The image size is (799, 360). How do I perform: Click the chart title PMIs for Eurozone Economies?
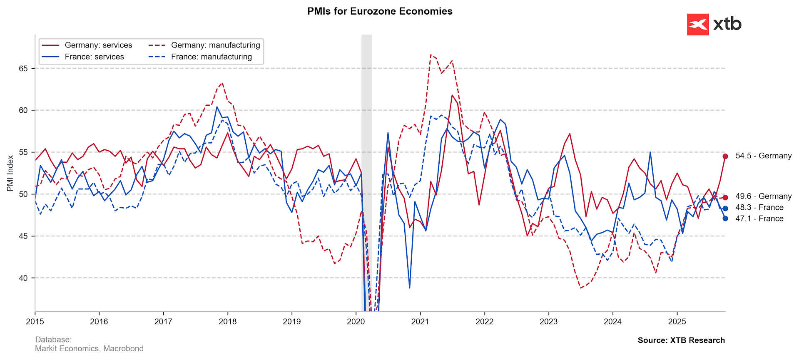pos(380,11)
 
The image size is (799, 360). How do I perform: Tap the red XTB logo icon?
pos(697,25)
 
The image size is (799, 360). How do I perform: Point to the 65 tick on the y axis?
pos(23,68)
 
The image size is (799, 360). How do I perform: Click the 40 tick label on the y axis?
pos(23,278)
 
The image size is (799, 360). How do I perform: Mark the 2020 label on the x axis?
pos(356,321)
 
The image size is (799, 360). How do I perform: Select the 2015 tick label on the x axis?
pos(35,321)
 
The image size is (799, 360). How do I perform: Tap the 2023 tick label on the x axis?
pos(548,321)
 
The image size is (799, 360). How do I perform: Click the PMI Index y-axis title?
pos(10,173)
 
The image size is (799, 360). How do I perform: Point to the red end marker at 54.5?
pos(725,156)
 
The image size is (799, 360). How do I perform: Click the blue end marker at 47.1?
pos(725,218)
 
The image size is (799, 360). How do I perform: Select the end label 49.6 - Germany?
pos(763,196)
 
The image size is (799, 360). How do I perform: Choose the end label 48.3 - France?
pos(759,207)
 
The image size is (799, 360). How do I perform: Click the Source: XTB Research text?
pos(681,340)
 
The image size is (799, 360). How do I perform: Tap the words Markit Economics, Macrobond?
pos(89,348)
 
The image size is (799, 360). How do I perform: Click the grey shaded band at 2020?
pos(366,125)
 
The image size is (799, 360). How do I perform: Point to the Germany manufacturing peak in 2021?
pos(431,55)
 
